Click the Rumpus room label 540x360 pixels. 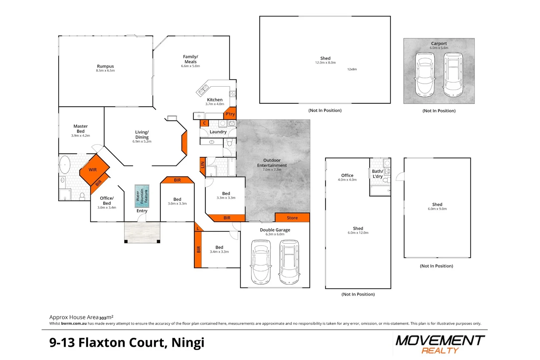105,66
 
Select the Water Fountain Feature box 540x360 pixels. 142,196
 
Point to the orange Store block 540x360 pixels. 292,217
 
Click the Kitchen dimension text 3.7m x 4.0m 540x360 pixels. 215,104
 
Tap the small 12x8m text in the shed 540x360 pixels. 352,69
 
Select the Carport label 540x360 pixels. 439,43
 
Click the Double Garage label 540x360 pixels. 275,230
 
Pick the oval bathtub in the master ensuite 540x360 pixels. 65,165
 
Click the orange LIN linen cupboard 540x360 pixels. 203,166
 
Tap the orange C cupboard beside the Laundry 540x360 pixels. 204,123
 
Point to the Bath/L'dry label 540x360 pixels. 378,174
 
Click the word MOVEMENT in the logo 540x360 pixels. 440,341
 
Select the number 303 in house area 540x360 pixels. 103,318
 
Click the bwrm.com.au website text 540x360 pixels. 74,323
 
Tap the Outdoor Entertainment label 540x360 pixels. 272,163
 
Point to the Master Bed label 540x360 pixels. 81,129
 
